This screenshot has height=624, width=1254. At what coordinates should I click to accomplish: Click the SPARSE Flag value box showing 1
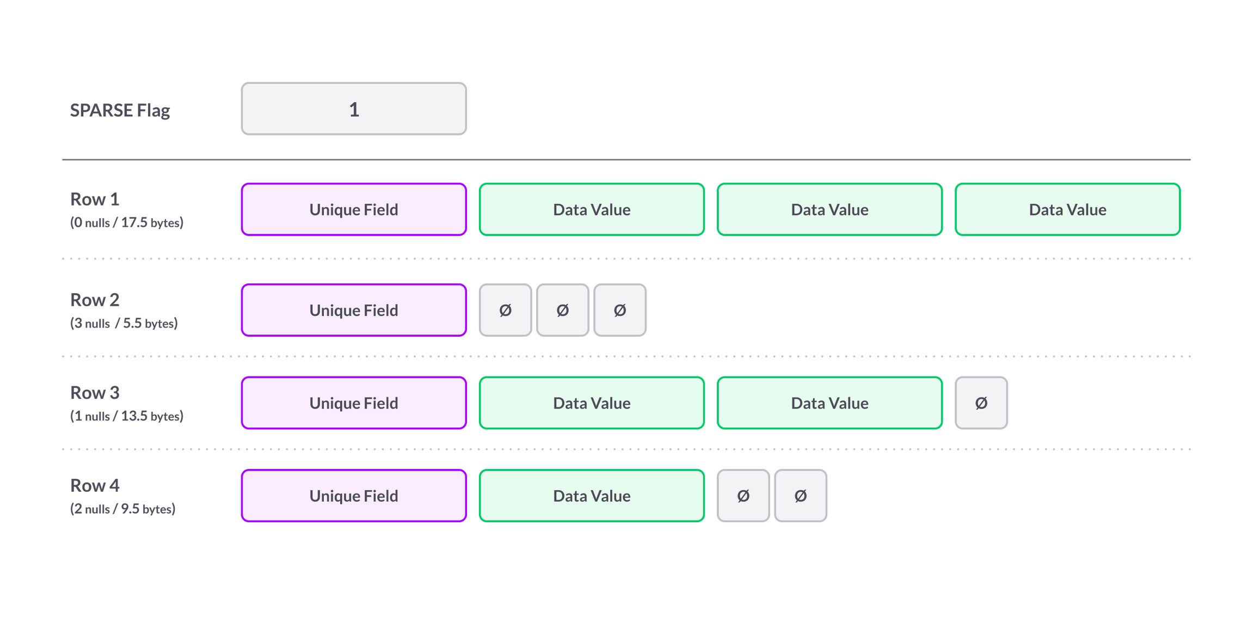pos(354,109)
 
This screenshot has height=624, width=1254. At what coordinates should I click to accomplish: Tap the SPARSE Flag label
pos(120,110)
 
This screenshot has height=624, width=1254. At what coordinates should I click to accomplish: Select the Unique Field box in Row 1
pos(354,209)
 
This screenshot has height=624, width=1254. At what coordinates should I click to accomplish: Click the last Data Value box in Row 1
pos(1067,209)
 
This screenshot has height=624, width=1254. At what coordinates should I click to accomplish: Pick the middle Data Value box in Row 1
pos(829,209)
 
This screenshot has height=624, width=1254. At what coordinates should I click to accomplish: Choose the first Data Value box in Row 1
pos(592,209)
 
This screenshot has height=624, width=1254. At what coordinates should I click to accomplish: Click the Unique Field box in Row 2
pos(354,310)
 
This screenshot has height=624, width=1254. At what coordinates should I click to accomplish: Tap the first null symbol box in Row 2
pos(505,310)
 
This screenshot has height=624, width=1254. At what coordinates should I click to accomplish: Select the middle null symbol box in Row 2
pos(563,310)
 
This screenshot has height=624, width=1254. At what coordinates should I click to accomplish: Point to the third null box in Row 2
pos(620,310)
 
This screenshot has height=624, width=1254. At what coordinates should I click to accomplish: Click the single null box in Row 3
pos(981,403)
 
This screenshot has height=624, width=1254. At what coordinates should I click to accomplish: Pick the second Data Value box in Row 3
pos(829,403)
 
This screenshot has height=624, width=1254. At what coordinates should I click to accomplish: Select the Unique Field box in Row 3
pos(354,403)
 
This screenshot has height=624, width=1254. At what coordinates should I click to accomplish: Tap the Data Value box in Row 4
pos(592,496)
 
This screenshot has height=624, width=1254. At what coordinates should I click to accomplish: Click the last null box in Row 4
pos(801,496)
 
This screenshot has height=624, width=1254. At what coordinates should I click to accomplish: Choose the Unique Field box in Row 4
pos(354,496)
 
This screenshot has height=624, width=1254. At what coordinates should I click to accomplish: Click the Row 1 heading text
pos(94,200)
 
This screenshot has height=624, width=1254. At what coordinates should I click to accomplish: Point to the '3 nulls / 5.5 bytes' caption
pos(124,323)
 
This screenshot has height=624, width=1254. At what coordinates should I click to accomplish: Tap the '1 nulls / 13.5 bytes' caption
pos(127,416)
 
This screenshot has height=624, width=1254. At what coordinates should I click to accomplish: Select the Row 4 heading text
pos(94,485)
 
